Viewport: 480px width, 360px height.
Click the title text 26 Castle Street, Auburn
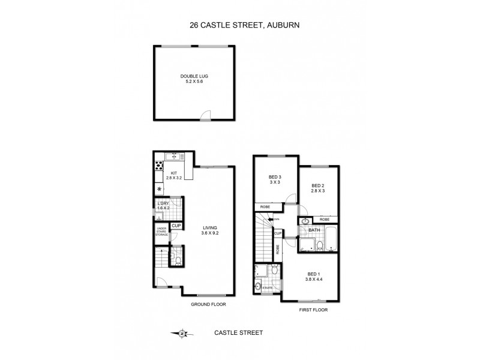click(x=240, y=26)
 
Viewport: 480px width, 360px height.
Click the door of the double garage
click(x=206, y=116)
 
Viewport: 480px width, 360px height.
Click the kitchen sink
click(x=175, y=156)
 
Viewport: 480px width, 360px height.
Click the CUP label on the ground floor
click(x=176, y=227)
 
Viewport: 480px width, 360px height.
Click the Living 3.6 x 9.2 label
click(x=210, y=230)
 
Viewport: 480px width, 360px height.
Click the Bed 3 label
click(x=275, y=180)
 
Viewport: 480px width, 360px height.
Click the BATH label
click(x=314, y=230)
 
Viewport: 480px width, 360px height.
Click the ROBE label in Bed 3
click(x=265, y=206)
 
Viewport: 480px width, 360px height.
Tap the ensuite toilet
click(x=273, y=271)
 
